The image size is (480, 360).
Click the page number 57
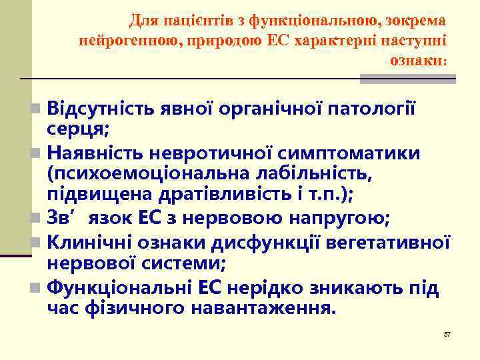[447, 333]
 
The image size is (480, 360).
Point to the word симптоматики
[355, 153]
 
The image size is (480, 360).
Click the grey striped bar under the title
[407, 79]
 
